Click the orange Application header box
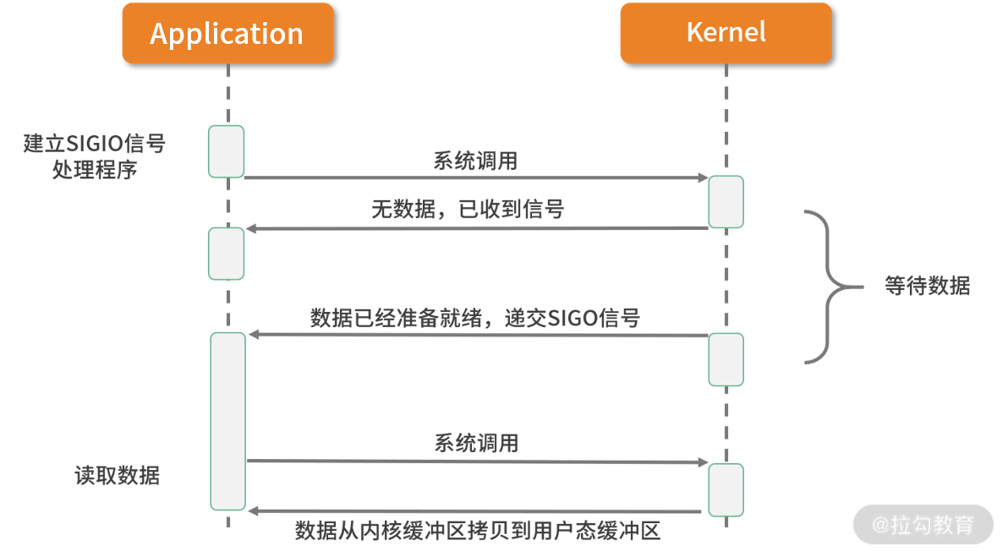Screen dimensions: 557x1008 [227, 34]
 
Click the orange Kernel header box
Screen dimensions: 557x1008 [726, 33]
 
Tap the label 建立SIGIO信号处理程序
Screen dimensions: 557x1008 [94, 156]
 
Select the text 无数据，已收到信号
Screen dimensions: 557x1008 [468, 209]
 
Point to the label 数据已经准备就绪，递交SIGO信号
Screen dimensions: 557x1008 [475, 318]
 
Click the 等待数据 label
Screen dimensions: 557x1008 [927, 286]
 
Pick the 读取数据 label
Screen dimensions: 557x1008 [118, 476]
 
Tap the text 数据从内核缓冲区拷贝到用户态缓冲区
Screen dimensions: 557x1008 [477, 531]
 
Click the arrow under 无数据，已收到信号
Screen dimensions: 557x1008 [476, 228]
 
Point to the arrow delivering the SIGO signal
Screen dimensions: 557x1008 [476, 336]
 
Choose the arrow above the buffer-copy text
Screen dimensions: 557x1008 [476, 511]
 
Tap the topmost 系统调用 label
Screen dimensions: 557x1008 [475, 161]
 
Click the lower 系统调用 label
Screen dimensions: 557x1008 [476, 443]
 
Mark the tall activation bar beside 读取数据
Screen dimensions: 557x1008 [227, 421]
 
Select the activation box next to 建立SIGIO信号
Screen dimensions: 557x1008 [226, 151]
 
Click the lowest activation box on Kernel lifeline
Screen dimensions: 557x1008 [726, 489]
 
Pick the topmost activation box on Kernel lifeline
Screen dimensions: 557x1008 [726, 202]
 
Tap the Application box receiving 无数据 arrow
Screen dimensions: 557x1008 [226, 254]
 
